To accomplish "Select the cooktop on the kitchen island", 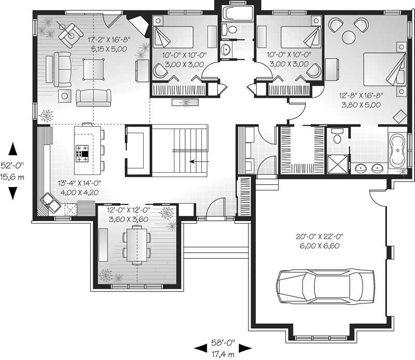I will pyautogui.click(x=82, y=151).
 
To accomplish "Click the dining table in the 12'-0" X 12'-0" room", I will pyautogui.click(x=136, y=246).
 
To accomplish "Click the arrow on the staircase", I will pyautogui.click(x=199, y=161).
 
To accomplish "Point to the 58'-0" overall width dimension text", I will pyautogui.click(x=223, y=347).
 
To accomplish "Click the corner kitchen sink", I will pyautogui.click(x=50, y=202).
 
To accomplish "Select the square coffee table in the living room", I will pyautogui.click(x=94, y=67).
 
